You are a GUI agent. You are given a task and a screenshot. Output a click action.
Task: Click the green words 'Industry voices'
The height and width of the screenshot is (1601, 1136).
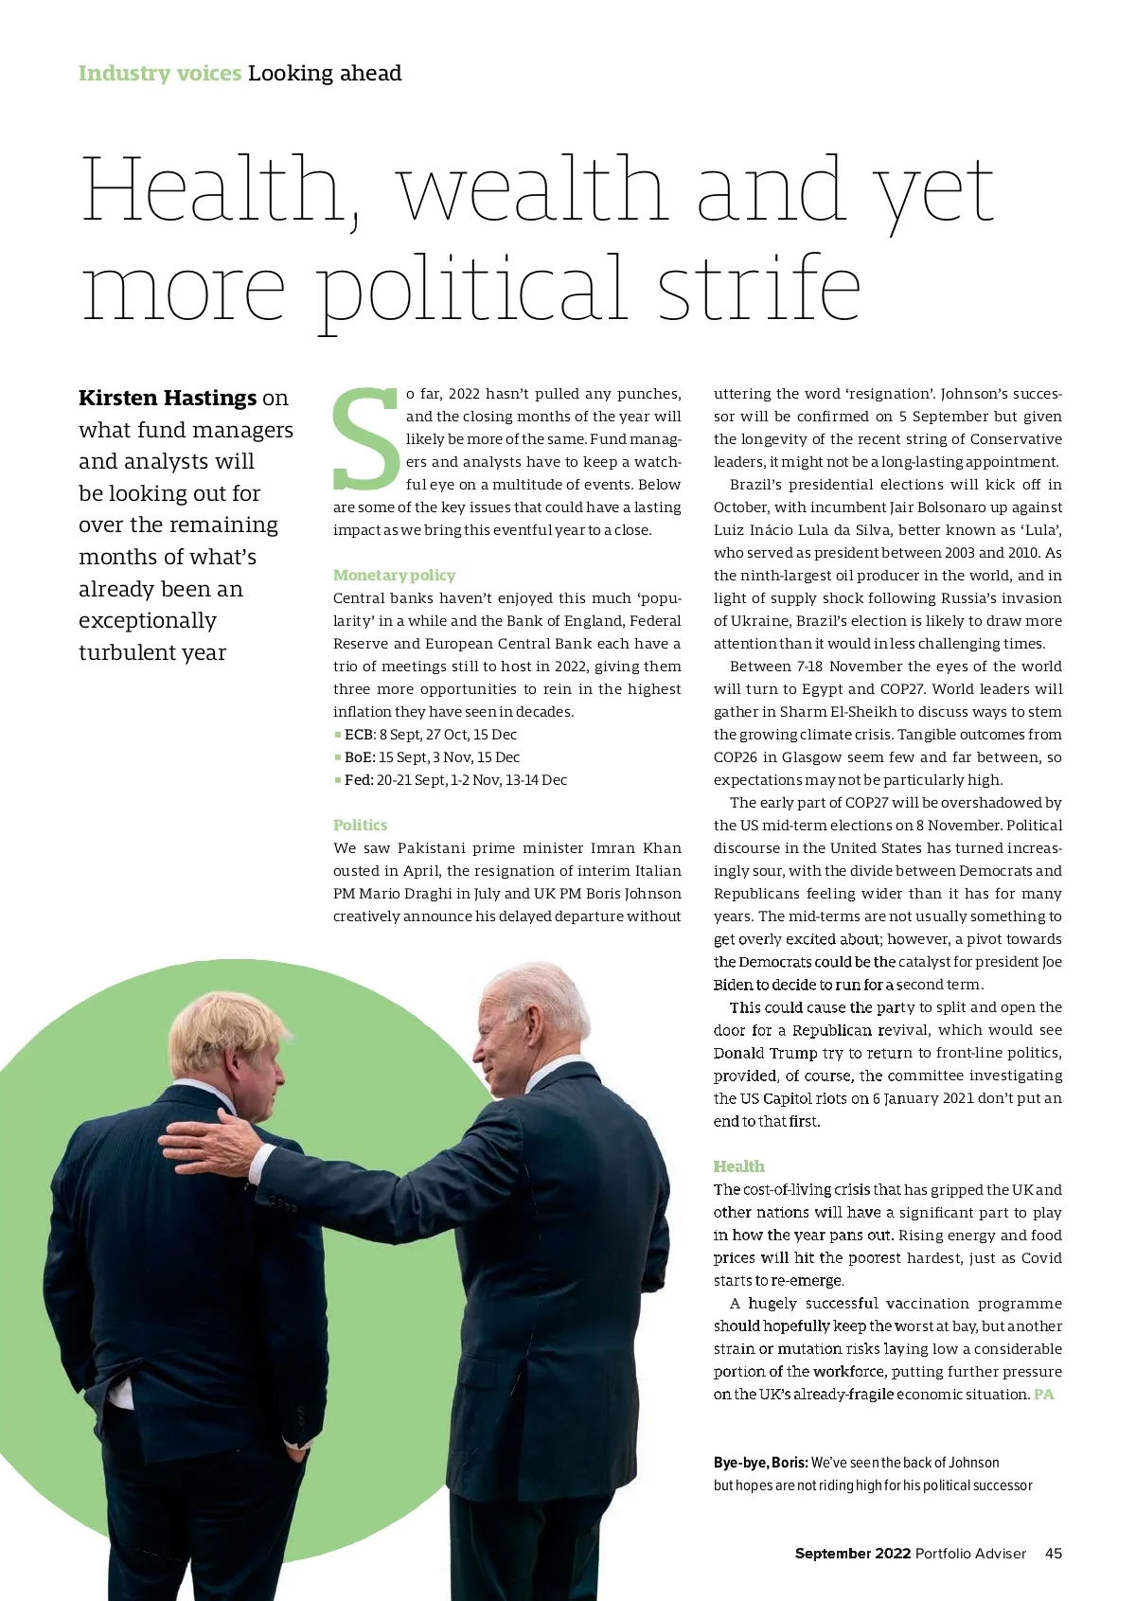(x=159, y=73)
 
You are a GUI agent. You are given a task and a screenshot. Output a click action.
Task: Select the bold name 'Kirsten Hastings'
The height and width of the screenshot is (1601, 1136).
(x=168, y=398)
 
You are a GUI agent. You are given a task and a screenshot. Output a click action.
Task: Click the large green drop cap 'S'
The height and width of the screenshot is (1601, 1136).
(x=366, y=438)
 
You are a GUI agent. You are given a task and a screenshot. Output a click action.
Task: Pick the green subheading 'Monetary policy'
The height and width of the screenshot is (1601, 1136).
(x=394, y=575)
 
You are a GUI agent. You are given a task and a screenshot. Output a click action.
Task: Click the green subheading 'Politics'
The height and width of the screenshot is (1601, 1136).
(x=360, y=825)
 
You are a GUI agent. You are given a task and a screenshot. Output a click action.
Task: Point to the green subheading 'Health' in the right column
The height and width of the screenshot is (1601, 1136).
(x=738, y=1166)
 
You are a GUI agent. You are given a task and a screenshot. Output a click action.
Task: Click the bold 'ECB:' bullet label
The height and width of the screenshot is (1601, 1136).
(x=360, y=735)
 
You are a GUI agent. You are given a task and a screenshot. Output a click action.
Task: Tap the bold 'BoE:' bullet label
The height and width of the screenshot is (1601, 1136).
(x=360, y=757)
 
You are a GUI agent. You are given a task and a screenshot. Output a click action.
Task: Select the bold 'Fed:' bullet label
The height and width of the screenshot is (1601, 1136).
(x=359, y=780)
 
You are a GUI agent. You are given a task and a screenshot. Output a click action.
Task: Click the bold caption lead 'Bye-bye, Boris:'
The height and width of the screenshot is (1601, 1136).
(x=760, y=1463)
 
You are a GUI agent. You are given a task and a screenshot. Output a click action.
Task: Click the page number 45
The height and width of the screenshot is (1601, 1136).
(x=1053, y=1554)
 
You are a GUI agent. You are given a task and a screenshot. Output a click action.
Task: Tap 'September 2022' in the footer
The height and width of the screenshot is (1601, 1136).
(x=852, y=1554)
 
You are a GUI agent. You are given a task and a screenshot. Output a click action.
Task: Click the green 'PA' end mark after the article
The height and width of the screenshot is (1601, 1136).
(x=1043, y=1395)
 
